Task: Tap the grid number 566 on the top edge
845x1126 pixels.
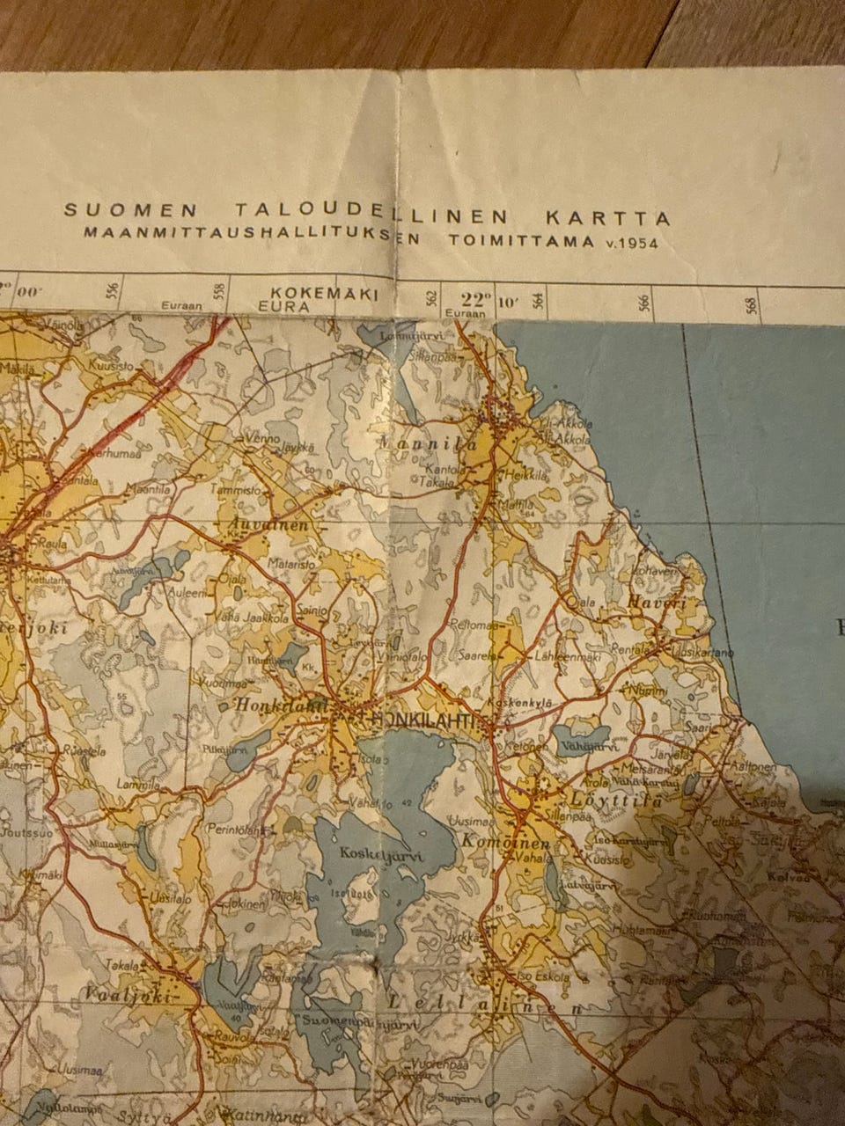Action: click(x=643, y=302)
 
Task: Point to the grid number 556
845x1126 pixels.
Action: click(x=111, y=292)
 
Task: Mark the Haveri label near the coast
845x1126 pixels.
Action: click(x=657, y=603)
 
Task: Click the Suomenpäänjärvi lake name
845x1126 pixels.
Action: click(x=356, y=1025)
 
